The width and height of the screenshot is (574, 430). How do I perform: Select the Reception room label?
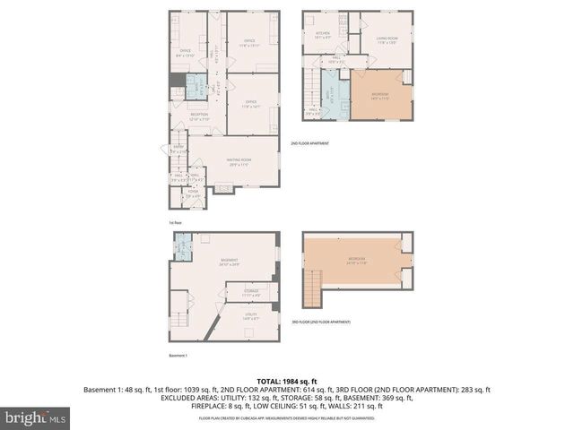pos(199,116)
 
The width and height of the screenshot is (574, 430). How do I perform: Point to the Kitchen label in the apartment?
pos(322,35)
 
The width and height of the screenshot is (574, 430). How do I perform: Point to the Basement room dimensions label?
pos(229,262)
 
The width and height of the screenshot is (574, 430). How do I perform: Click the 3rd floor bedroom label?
pos(357,261)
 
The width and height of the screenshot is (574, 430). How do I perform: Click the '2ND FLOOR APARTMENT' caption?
pos(309,143)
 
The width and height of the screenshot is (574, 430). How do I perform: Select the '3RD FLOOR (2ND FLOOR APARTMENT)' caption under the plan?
pos(321,322)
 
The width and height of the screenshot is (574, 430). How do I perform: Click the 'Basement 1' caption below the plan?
pos(179,356)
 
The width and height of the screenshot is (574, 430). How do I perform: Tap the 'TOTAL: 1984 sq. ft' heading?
pos(287,380)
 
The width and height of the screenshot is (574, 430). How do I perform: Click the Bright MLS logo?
pos(36,417)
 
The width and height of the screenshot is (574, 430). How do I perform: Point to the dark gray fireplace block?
pos(177,83)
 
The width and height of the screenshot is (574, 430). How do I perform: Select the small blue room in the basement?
pos(183,245)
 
